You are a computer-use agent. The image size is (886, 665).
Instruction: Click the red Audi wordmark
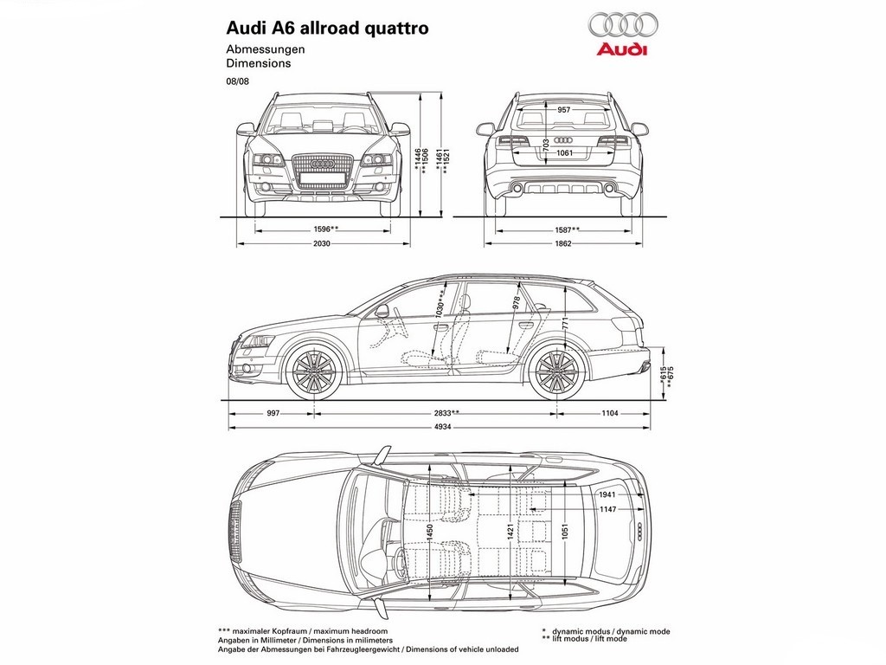point(622,49)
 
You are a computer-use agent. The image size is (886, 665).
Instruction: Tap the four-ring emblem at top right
point(623,24)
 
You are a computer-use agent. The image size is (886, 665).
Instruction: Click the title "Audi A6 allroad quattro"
point(327,29)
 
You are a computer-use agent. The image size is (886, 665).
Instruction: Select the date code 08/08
point(237,81)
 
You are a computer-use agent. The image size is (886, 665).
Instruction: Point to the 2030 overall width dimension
point(322,243)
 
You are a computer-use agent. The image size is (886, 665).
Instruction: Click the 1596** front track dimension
point(325,229)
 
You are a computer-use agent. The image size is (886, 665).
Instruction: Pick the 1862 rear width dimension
point(563,243)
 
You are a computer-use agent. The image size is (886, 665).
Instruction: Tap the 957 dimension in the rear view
point(563,110)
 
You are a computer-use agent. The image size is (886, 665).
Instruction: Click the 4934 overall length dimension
point(442,427)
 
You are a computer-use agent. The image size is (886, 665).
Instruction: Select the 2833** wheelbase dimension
point(446,413)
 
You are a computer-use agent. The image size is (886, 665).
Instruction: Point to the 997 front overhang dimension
point(273,413)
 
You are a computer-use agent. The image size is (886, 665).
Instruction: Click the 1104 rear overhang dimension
point(610,413)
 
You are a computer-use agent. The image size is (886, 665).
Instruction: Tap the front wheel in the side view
point(313,371)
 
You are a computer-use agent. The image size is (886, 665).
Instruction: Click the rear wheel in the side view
point(557,371)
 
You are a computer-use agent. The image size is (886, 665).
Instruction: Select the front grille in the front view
point(323,171)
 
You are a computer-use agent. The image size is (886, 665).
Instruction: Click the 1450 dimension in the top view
point(429,532)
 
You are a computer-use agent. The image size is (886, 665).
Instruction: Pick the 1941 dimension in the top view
point(607,494)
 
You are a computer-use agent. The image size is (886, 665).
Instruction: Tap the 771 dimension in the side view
point(565,323)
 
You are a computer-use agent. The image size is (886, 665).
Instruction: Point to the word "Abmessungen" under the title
point(266,49)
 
